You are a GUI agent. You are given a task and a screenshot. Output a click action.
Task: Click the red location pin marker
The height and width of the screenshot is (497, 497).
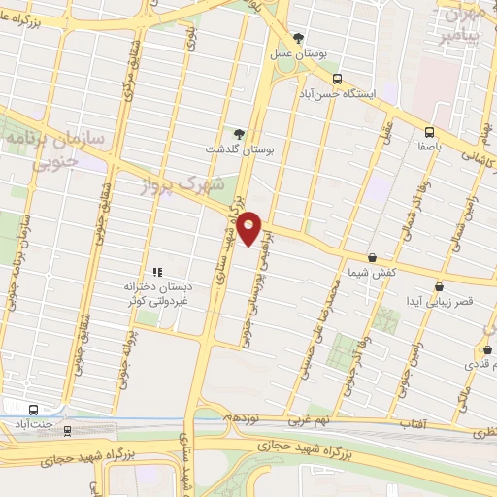[250, 227]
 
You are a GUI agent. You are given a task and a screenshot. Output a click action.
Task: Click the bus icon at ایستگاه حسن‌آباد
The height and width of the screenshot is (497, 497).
[337, 79]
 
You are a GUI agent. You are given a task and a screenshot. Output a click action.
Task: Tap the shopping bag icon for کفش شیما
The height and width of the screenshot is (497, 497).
[372, 257]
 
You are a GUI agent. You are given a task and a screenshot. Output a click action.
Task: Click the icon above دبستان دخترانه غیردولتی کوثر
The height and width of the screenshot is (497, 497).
[155, 272]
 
